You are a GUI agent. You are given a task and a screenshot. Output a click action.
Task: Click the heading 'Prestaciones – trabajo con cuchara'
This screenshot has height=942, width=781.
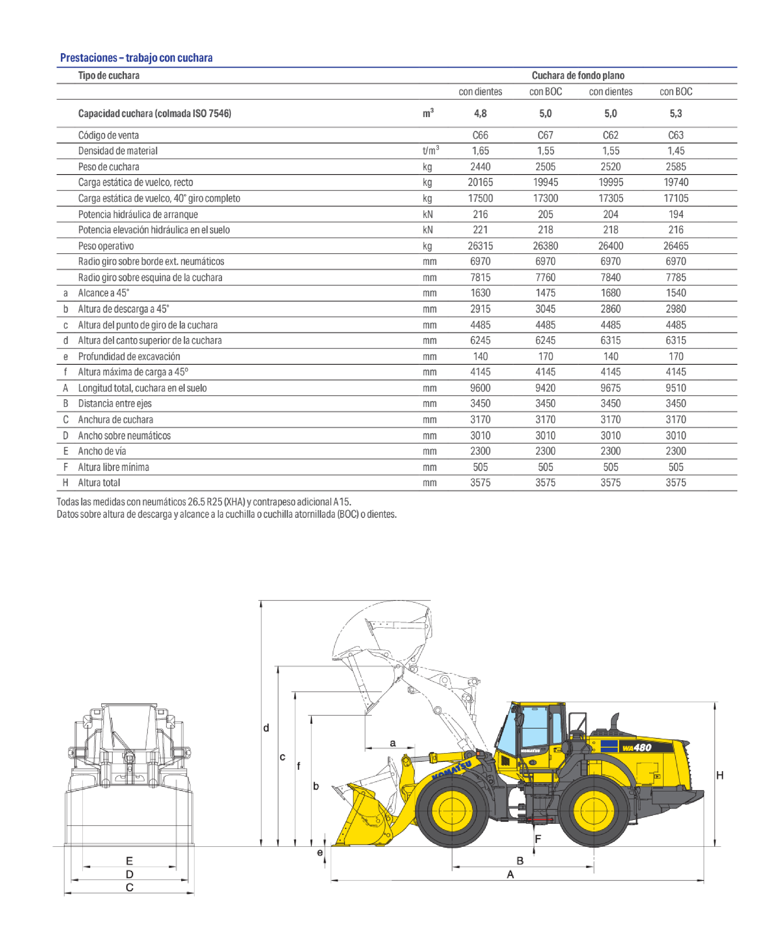coord(136,58)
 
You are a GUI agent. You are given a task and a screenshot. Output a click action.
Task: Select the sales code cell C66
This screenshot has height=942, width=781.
coord(480,135)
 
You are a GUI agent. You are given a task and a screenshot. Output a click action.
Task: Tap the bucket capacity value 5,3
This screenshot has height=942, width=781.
coord(676,114)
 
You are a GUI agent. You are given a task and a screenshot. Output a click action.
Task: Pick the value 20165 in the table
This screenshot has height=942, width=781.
coord(480,182)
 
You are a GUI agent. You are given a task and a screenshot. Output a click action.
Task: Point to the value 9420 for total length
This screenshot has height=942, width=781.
coord(545,388)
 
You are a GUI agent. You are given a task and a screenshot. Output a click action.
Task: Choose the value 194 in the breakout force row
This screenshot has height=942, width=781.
coord(676,214)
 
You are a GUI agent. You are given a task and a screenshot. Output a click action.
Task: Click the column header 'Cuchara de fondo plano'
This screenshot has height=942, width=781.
coord(578,75)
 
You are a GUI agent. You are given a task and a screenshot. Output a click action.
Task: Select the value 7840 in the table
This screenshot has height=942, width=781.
coord(610,277)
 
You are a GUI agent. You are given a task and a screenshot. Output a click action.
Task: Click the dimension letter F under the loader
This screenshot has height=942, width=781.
coord(538,838)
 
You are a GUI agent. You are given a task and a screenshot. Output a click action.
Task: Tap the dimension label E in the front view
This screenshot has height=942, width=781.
coord(129,860)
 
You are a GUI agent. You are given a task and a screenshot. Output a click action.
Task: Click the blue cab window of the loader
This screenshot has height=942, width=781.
coord(534,727)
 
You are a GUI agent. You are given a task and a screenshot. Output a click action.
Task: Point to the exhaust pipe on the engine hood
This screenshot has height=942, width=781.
coord(614,721)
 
